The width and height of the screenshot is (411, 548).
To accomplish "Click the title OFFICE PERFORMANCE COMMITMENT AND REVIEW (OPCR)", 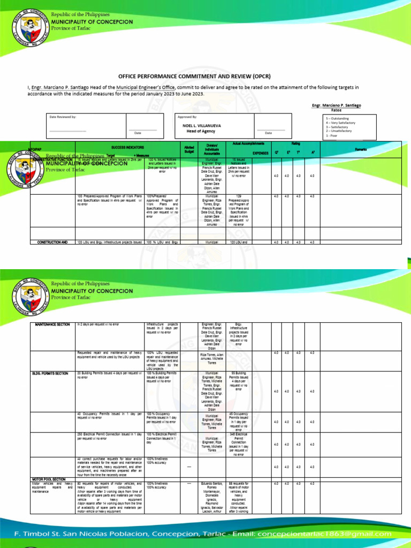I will coord(205,77).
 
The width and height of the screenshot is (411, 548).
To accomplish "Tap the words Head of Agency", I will coord(201,131).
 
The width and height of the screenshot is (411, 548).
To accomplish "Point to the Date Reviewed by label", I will coord(63,116).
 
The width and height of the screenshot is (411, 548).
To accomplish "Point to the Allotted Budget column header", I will coord(189,149).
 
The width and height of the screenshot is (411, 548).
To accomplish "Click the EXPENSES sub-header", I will coord(260,153).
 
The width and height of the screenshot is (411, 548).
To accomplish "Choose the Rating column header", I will coord(295,143).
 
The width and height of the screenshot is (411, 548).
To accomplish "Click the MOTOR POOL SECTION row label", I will coord(49,479).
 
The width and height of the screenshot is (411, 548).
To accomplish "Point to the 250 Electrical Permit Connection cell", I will coord(109,436).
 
